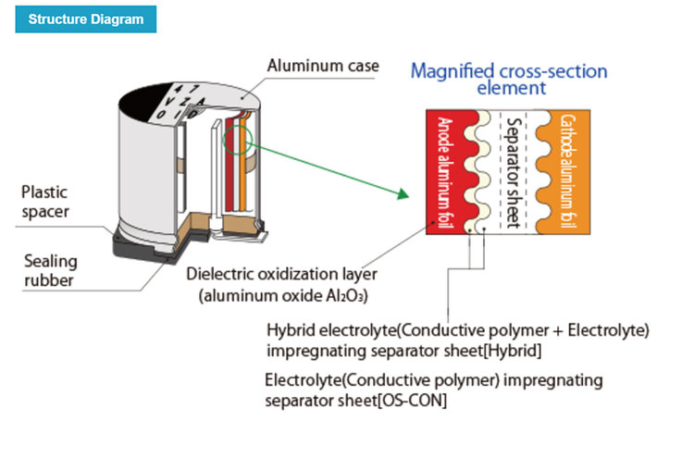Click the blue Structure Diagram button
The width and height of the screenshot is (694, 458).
[86, 19]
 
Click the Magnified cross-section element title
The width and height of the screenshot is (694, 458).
[511, 79]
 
